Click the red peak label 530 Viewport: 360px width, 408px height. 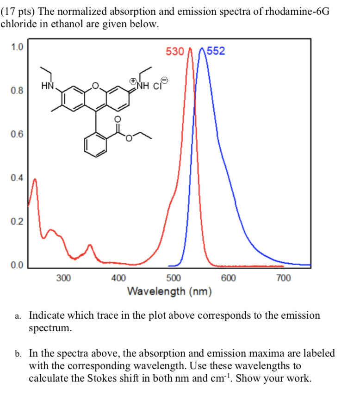point(175,51)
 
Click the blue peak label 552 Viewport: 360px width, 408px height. point(216,51)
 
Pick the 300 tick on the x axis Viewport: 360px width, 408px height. point(64,278)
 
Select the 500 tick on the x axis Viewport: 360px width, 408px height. point(174,278)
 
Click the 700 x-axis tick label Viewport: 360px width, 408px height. point(283,278)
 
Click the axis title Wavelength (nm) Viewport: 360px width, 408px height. point(169,291)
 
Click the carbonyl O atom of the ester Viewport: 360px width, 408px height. point(117,119)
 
